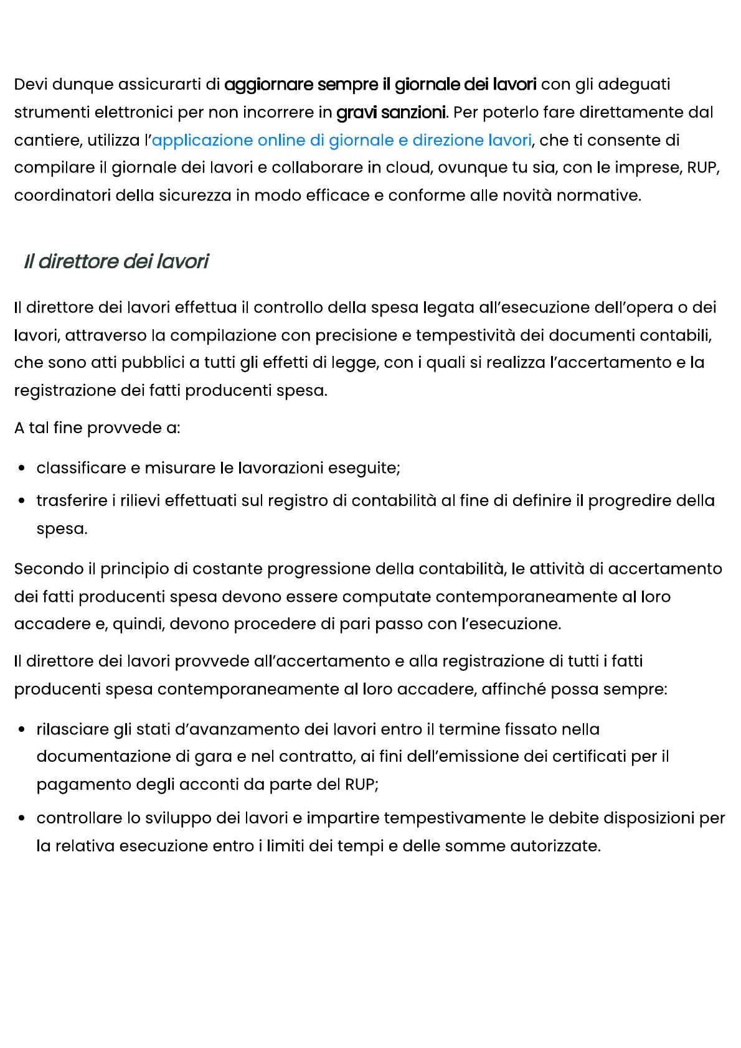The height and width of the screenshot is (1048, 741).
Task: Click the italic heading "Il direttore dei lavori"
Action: (116, 261)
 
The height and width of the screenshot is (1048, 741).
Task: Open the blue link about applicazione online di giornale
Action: (341, 140)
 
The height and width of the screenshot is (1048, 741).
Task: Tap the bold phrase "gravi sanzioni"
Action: (391, 113)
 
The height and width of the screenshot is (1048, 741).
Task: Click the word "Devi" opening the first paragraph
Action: (31, 85)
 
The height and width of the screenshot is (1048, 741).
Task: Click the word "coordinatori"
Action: (62, 195)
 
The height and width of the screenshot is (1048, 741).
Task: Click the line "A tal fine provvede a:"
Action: (97, 428)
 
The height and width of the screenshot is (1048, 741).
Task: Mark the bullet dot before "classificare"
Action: (22, 468)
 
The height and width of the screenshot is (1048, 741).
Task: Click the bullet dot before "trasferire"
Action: (22, 501)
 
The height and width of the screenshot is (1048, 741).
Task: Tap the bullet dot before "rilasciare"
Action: (22, 729)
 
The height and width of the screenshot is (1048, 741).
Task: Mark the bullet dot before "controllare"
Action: (22, 818)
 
